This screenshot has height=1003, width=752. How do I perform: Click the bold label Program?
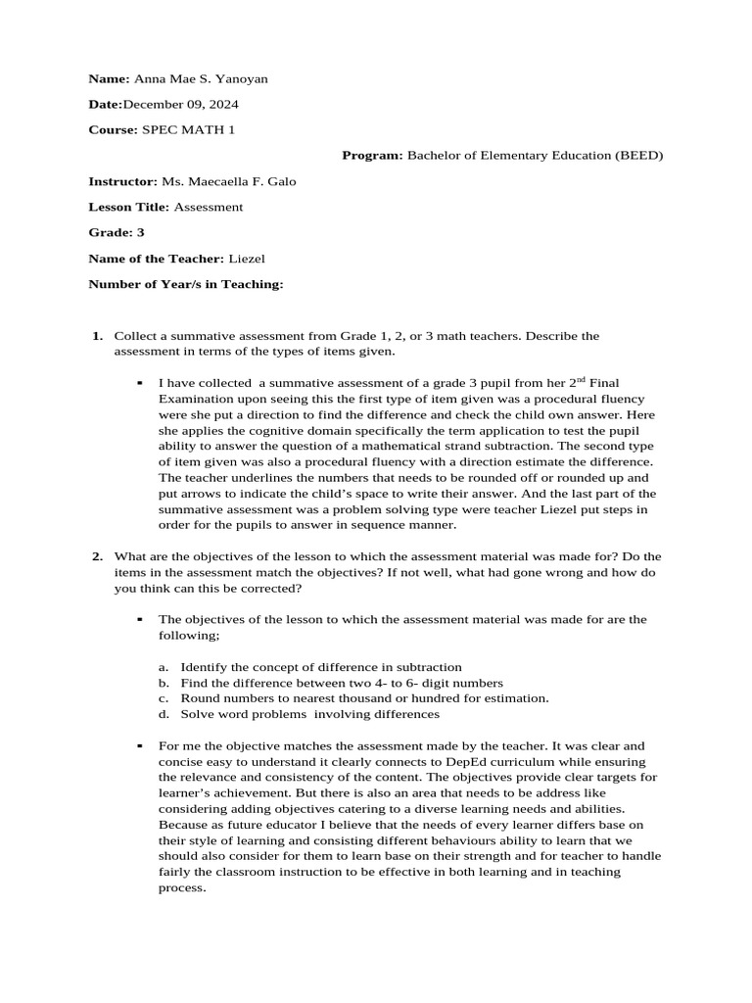(x=372, y=155)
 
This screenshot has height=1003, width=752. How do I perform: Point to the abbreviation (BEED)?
(x=639, y=155)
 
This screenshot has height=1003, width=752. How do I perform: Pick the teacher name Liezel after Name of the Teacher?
(x=247, y=258)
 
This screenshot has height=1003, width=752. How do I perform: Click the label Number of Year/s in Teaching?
(x=186, y=284)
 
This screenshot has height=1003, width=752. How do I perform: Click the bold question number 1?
(x=97, y=336)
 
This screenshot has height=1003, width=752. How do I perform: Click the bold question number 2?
(x=97, y=556)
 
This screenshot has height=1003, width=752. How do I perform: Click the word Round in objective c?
(x=198, y=698)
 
